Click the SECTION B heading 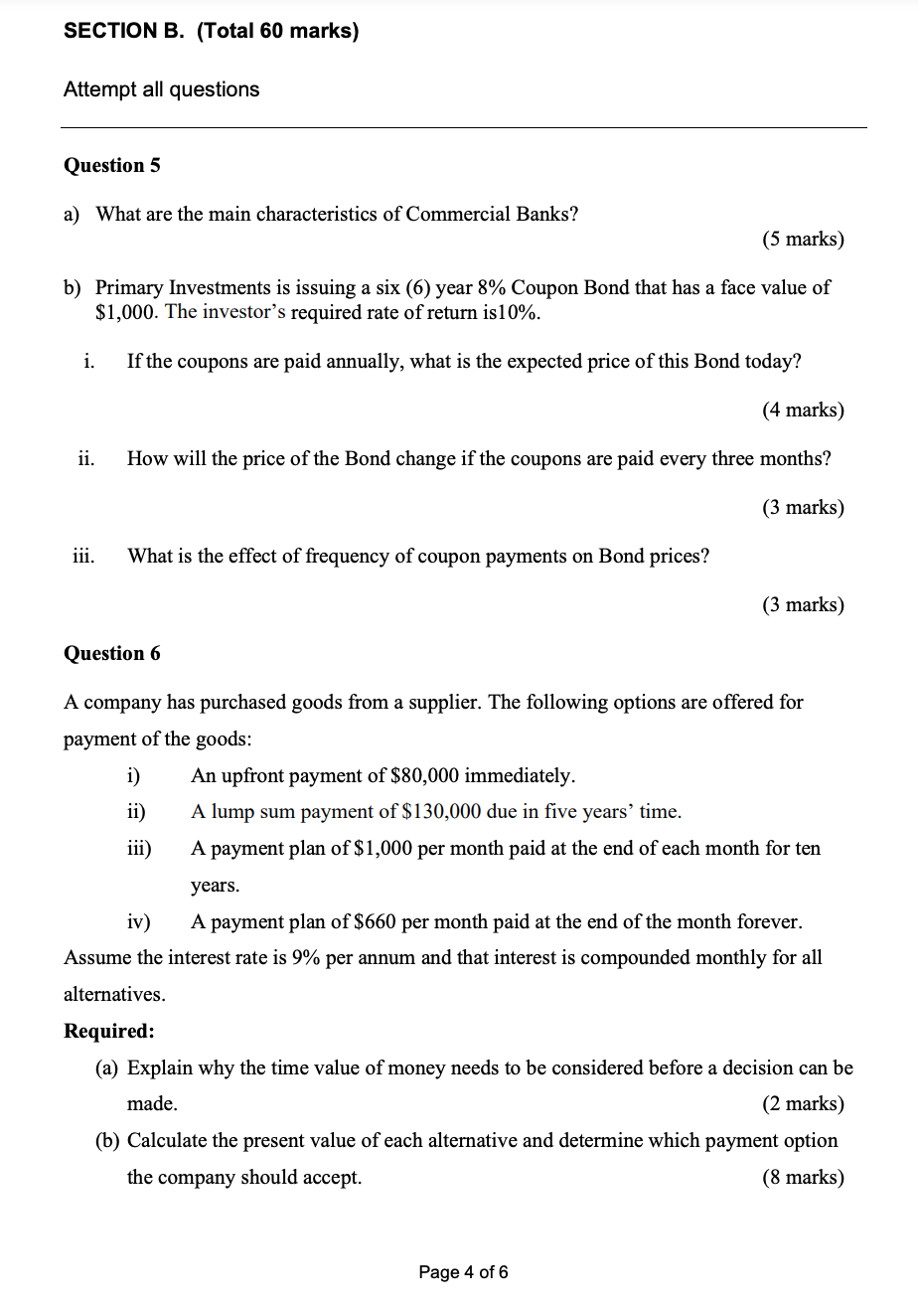pos(211,31)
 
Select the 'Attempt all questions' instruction pos(161,89)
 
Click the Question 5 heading pos(111,165)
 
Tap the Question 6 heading pos(111,653)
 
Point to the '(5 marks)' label pos(803,239)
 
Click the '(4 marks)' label pos(803,409)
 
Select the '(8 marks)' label pos(803,1177)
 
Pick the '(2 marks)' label pos(803,1103)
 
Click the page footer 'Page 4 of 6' pos(463,1272)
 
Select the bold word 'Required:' pos(109,1031)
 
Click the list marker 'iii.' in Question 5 pos(83,556)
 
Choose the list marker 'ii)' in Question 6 pos(137,811)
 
